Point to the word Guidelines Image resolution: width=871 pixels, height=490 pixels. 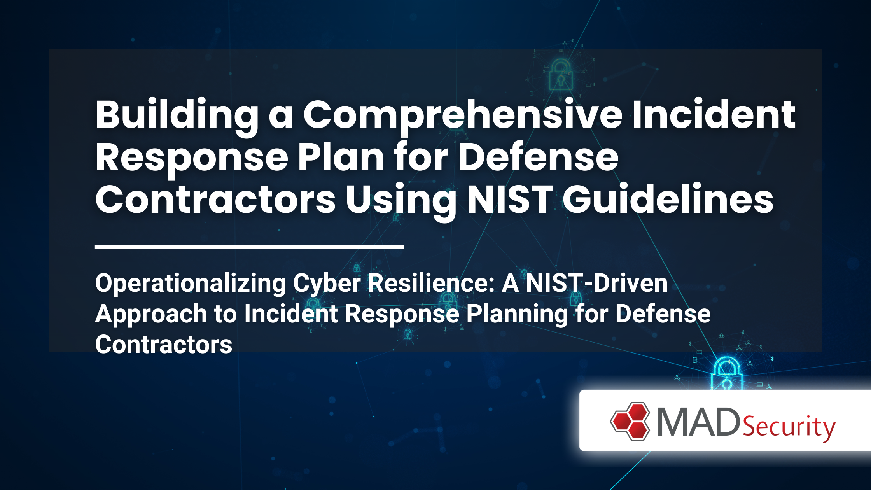click(x=668, y=199)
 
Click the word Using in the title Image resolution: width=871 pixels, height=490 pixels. click(x=401, y=200)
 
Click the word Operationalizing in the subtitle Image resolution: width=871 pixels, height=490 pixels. click(x=191, y=283)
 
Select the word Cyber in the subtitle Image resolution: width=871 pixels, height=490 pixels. click(x=327, y=283)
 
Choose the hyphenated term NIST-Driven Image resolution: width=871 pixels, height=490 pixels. click(x=596, y=283)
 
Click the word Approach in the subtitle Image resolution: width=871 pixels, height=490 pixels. click(x=151, y=314)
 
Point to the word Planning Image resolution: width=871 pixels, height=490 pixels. click(x=517, y=314)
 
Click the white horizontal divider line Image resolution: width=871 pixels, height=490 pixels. click(x=249, y=247)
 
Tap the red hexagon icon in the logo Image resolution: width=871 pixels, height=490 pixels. click(x=630, y=421)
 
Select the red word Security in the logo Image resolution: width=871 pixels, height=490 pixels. click(x=789, y=427)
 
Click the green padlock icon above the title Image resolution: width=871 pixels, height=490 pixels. click(x=560, y=74)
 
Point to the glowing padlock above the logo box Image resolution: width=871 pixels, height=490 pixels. click(x=727, y=374)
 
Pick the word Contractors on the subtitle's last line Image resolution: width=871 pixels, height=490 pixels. click(x=164, y=345)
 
